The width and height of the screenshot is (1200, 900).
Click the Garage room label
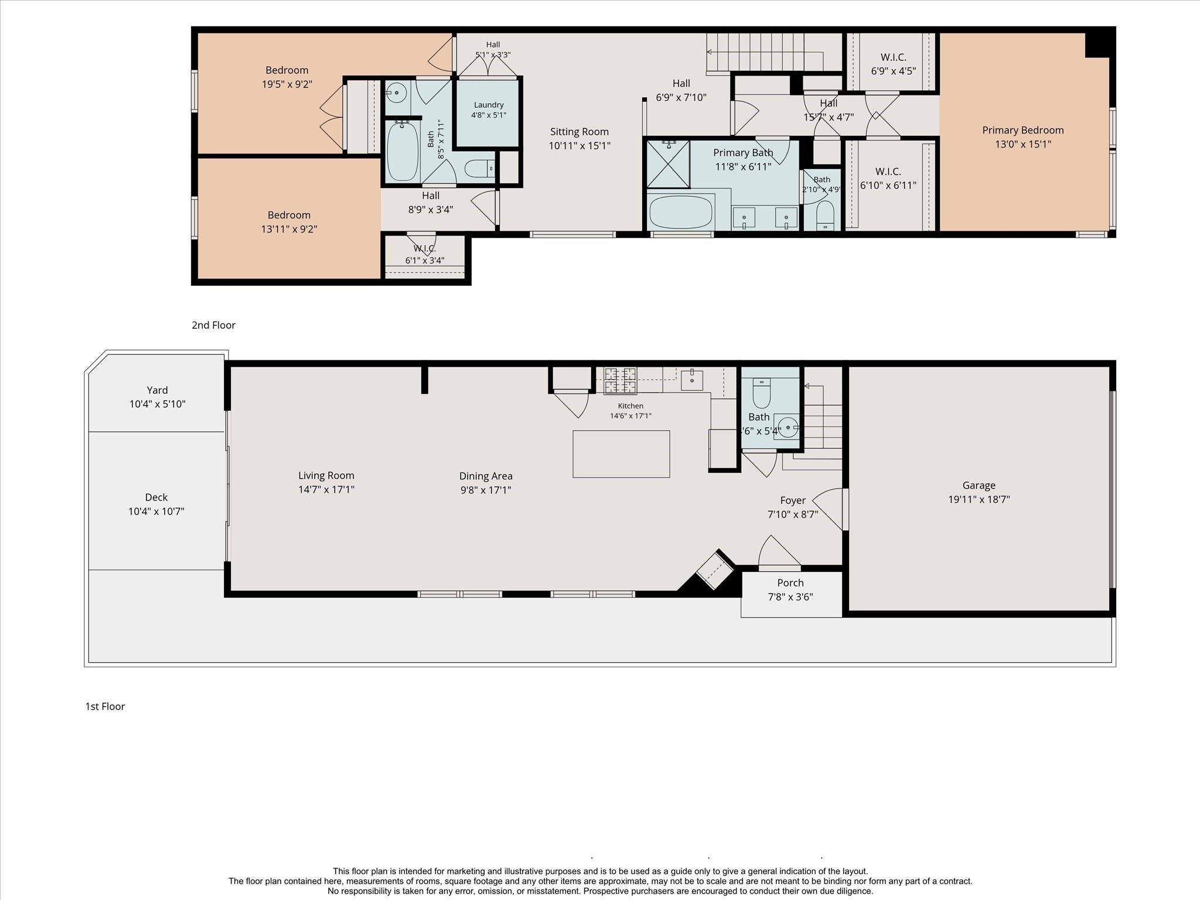click(x=979, y=486)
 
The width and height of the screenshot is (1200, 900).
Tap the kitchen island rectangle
click(x=621, y=454)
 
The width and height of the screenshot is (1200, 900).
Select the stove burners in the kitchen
click(x=621, y=380)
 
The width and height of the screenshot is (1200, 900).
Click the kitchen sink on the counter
click(x=692, y=379)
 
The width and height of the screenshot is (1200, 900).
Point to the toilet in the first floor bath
click(x=761, y=392)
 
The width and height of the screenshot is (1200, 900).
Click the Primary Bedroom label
click(x=1023, y=131)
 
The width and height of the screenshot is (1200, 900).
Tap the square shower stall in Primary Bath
click(x=668, y=163)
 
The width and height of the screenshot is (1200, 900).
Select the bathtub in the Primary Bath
click(x=681, y=212)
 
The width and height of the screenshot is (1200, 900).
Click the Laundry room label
click(x=489, y=105)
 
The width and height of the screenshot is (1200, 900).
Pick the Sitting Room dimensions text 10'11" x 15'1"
click(x=579, y=146)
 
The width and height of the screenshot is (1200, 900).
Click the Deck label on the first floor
click(x=156, y=497)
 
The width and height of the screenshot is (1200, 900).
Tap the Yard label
click(x=157, y=390)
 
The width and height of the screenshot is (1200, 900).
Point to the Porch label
click(x=790, y=583)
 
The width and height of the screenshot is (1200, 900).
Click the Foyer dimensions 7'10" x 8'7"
click(x=793, y=514)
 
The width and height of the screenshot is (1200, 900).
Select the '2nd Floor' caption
click(x=213, y=325)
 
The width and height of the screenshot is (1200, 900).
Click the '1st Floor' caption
click(x=105, y=707)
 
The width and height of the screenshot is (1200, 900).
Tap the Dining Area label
click(x=486, y=476)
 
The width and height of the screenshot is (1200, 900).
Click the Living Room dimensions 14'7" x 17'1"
click(x=326, y=490)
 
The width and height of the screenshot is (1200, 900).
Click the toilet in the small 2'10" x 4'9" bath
click(x=825, y=216)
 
